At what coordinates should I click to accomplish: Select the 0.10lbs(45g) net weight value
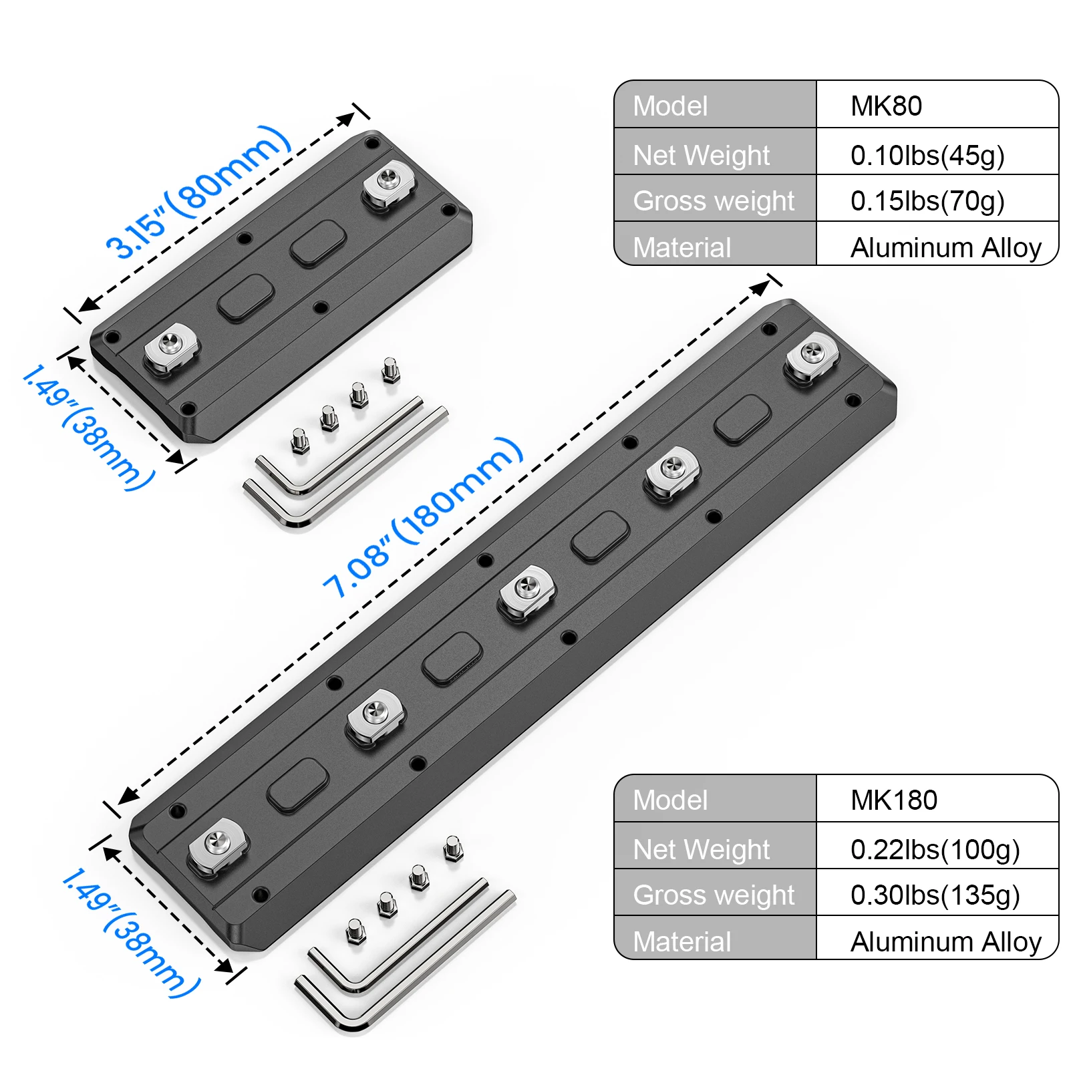tap(927, 155)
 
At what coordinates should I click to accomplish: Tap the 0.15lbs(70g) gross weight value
tap(927, 200)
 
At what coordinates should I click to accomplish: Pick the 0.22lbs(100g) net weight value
tap(935, 849)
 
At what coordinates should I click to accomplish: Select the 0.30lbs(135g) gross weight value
tap(935, 895)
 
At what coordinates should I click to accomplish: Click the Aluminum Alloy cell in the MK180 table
tap(945, 941)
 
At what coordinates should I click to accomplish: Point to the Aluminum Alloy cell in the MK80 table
tap(945, 247)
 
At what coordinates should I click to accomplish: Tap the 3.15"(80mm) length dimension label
tap(198, 192)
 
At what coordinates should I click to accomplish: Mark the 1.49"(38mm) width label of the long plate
tap(131, 933)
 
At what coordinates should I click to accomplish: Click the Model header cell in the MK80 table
tap(670, 106)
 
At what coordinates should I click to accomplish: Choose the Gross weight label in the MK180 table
tap(714, 895)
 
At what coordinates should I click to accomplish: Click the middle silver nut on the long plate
tap(526, 592)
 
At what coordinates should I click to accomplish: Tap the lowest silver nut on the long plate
tap(217, 845)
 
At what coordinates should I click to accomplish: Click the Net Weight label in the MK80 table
tap(701, 155)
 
